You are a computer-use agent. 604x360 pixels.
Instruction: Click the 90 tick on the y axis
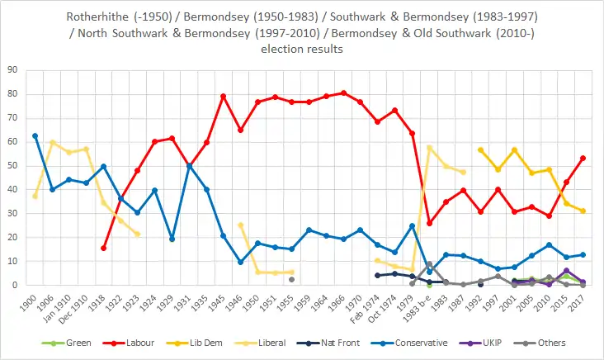pyautogui.click(x=14, y=70)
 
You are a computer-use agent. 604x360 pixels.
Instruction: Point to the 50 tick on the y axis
pyautogui.click(x=14, y=166)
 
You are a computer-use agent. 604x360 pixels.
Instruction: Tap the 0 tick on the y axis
pyautogui.click(x=17, y=286)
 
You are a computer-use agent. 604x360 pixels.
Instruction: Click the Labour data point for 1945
pyautogui.click(x=224, y=96)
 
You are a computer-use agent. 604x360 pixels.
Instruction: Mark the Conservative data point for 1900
pyautogui.click(x=35, y=135)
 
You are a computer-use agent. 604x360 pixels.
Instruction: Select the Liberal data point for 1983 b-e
pyautogui.click(x=429, y=147)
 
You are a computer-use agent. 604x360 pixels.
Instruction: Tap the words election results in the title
pyautogui.click(x=301, y=49)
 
